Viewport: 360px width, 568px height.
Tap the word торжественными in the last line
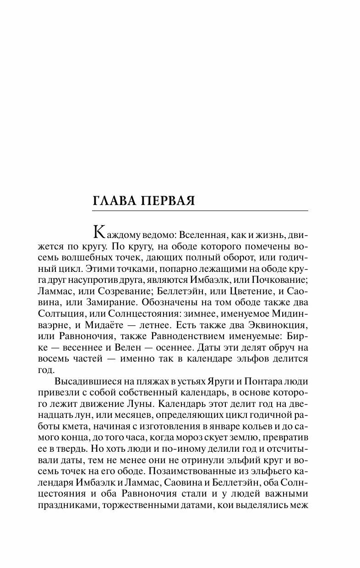tap(159, 496)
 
